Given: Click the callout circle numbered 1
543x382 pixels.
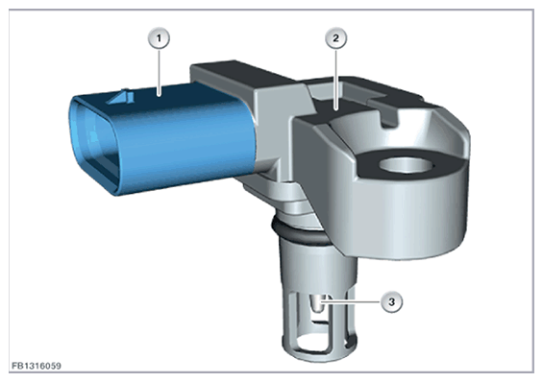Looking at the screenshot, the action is [x=159, y=38].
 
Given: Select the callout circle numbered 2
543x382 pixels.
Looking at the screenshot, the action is [x=336, y=38].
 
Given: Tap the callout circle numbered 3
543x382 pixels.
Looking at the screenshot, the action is [x=392, y=302].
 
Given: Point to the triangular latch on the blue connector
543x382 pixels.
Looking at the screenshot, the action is [x=120, y=97].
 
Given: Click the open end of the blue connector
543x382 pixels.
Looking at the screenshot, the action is [x=93, y=143].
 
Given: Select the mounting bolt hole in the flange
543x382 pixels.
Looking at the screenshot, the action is [x=407, y=165].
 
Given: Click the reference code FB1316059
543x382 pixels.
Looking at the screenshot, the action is [x=37, y=366].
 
